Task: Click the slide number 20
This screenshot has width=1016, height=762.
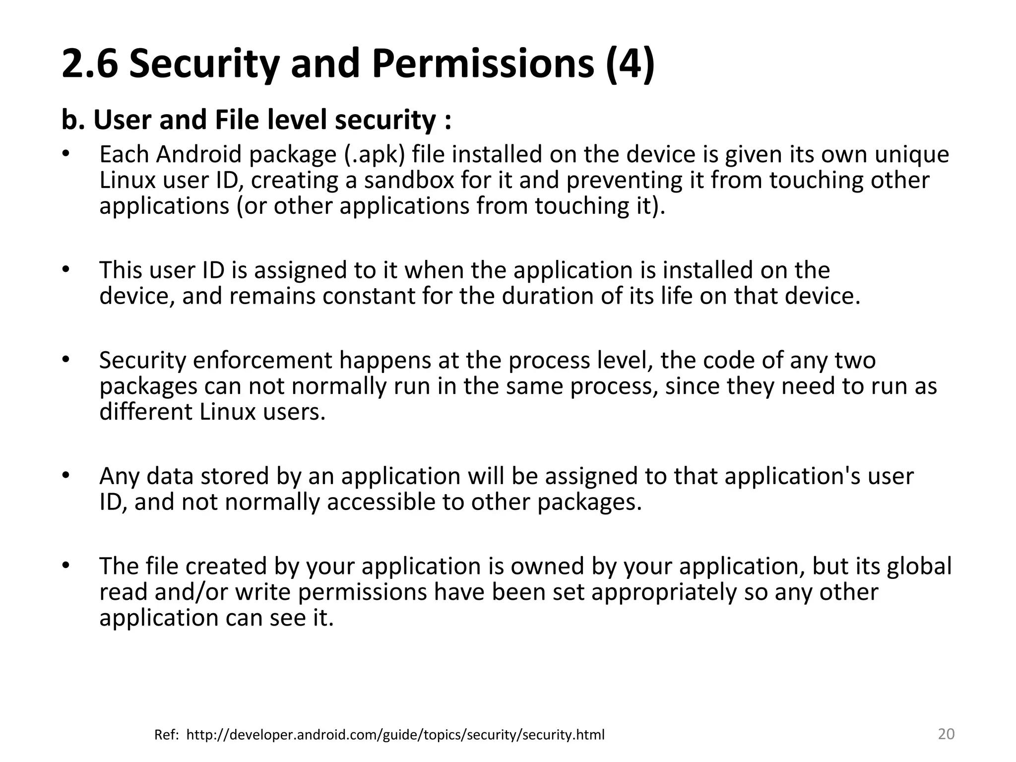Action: (x=946, y=734)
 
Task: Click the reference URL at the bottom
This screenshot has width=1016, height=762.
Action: (x=395, y=735)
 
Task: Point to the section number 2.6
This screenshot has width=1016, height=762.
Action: (x=90, y=64)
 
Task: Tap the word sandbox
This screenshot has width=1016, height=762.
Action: (x=409, y=180)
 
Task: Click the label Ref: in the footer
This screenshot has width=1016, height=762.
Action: (x=167, y=735)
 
